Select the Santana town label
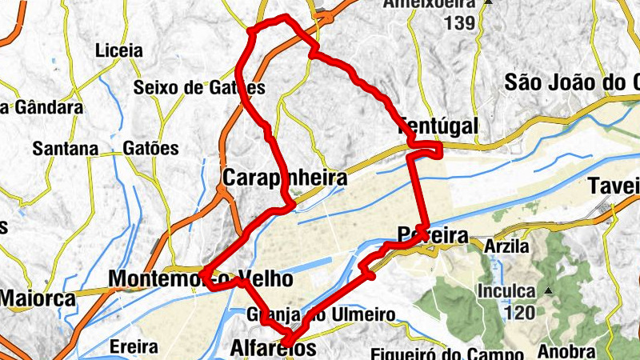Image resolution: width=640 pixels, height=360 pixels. [65, 149]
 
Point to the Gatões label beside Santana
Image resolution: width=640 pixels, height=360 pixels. [151, 149]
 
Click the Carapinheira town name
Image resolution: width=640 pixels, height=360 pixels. [286, 178]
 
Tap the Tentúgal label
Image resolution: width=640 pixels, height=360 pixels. [438, 126]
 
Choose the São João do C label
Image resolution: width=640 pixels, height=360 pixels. [573, 82]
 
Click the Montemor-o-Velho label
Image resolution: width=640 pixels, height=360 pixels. [199, 279]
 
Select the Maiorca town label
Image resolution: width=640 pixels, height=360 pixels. [37, 299]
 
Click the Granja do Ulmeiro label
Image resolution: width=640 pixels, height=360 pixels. [320, 314]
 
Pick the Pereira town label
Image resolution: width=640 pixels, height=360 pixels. [433, 234]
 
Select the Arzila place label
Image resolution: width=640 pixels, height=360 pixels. [506, 246]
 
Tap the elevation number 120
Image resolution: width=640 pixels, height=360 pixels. [520, 312]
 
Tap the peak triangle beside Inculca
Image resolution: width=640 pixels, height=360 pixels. [549, 290]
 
